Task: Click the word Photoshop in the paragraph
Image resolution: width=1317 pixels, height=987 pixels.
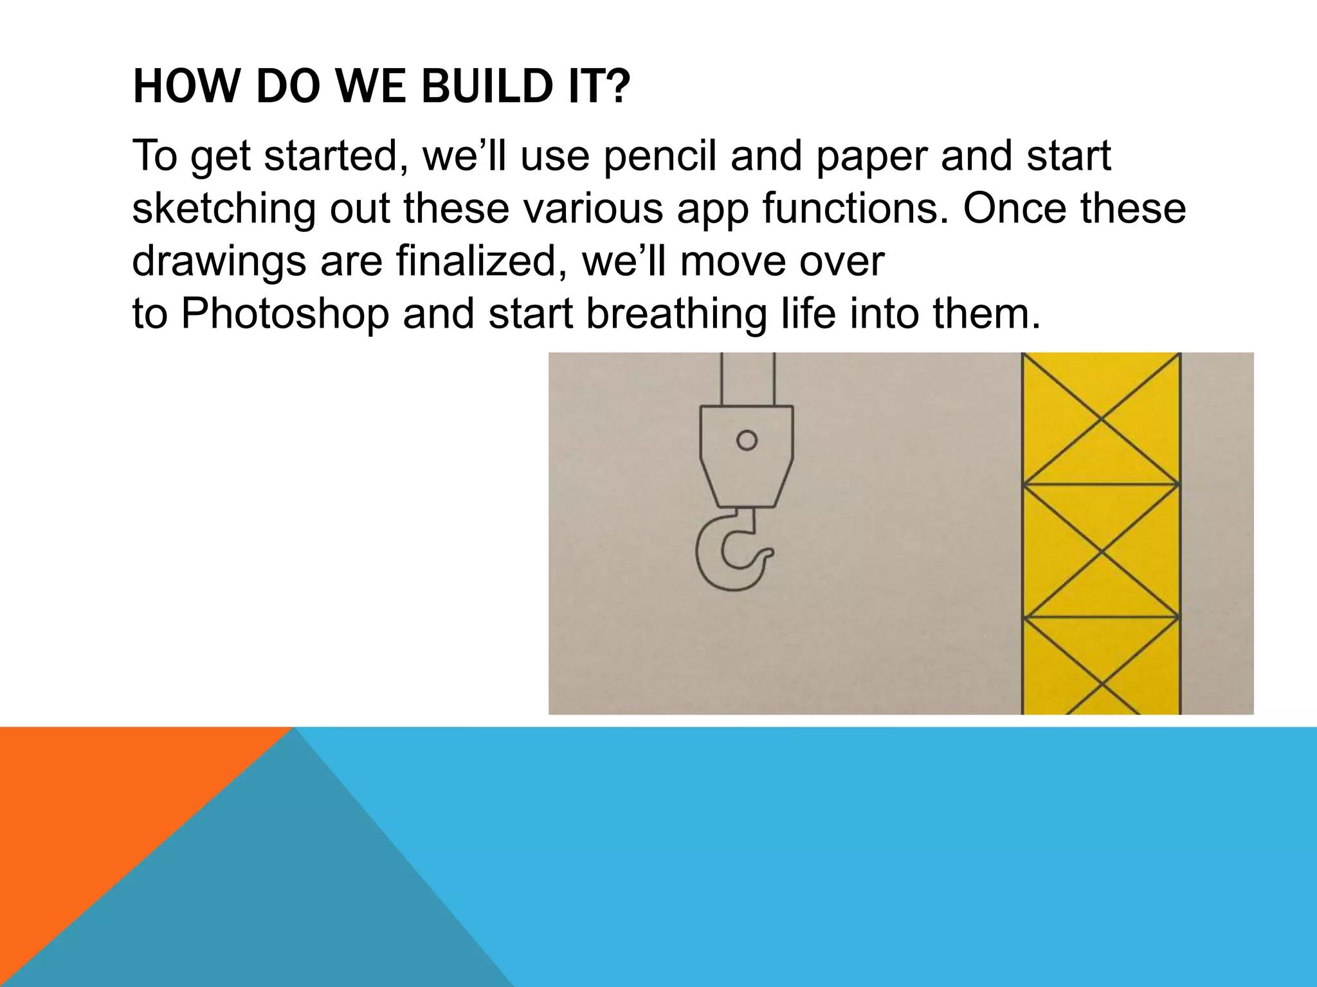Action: coord(285,314)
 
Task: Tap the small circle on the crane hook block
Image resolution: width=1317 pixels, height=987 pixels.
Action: coord(747,440)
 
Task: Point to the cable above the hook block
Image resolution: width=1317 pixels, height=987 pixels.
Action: coord(748,379)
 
